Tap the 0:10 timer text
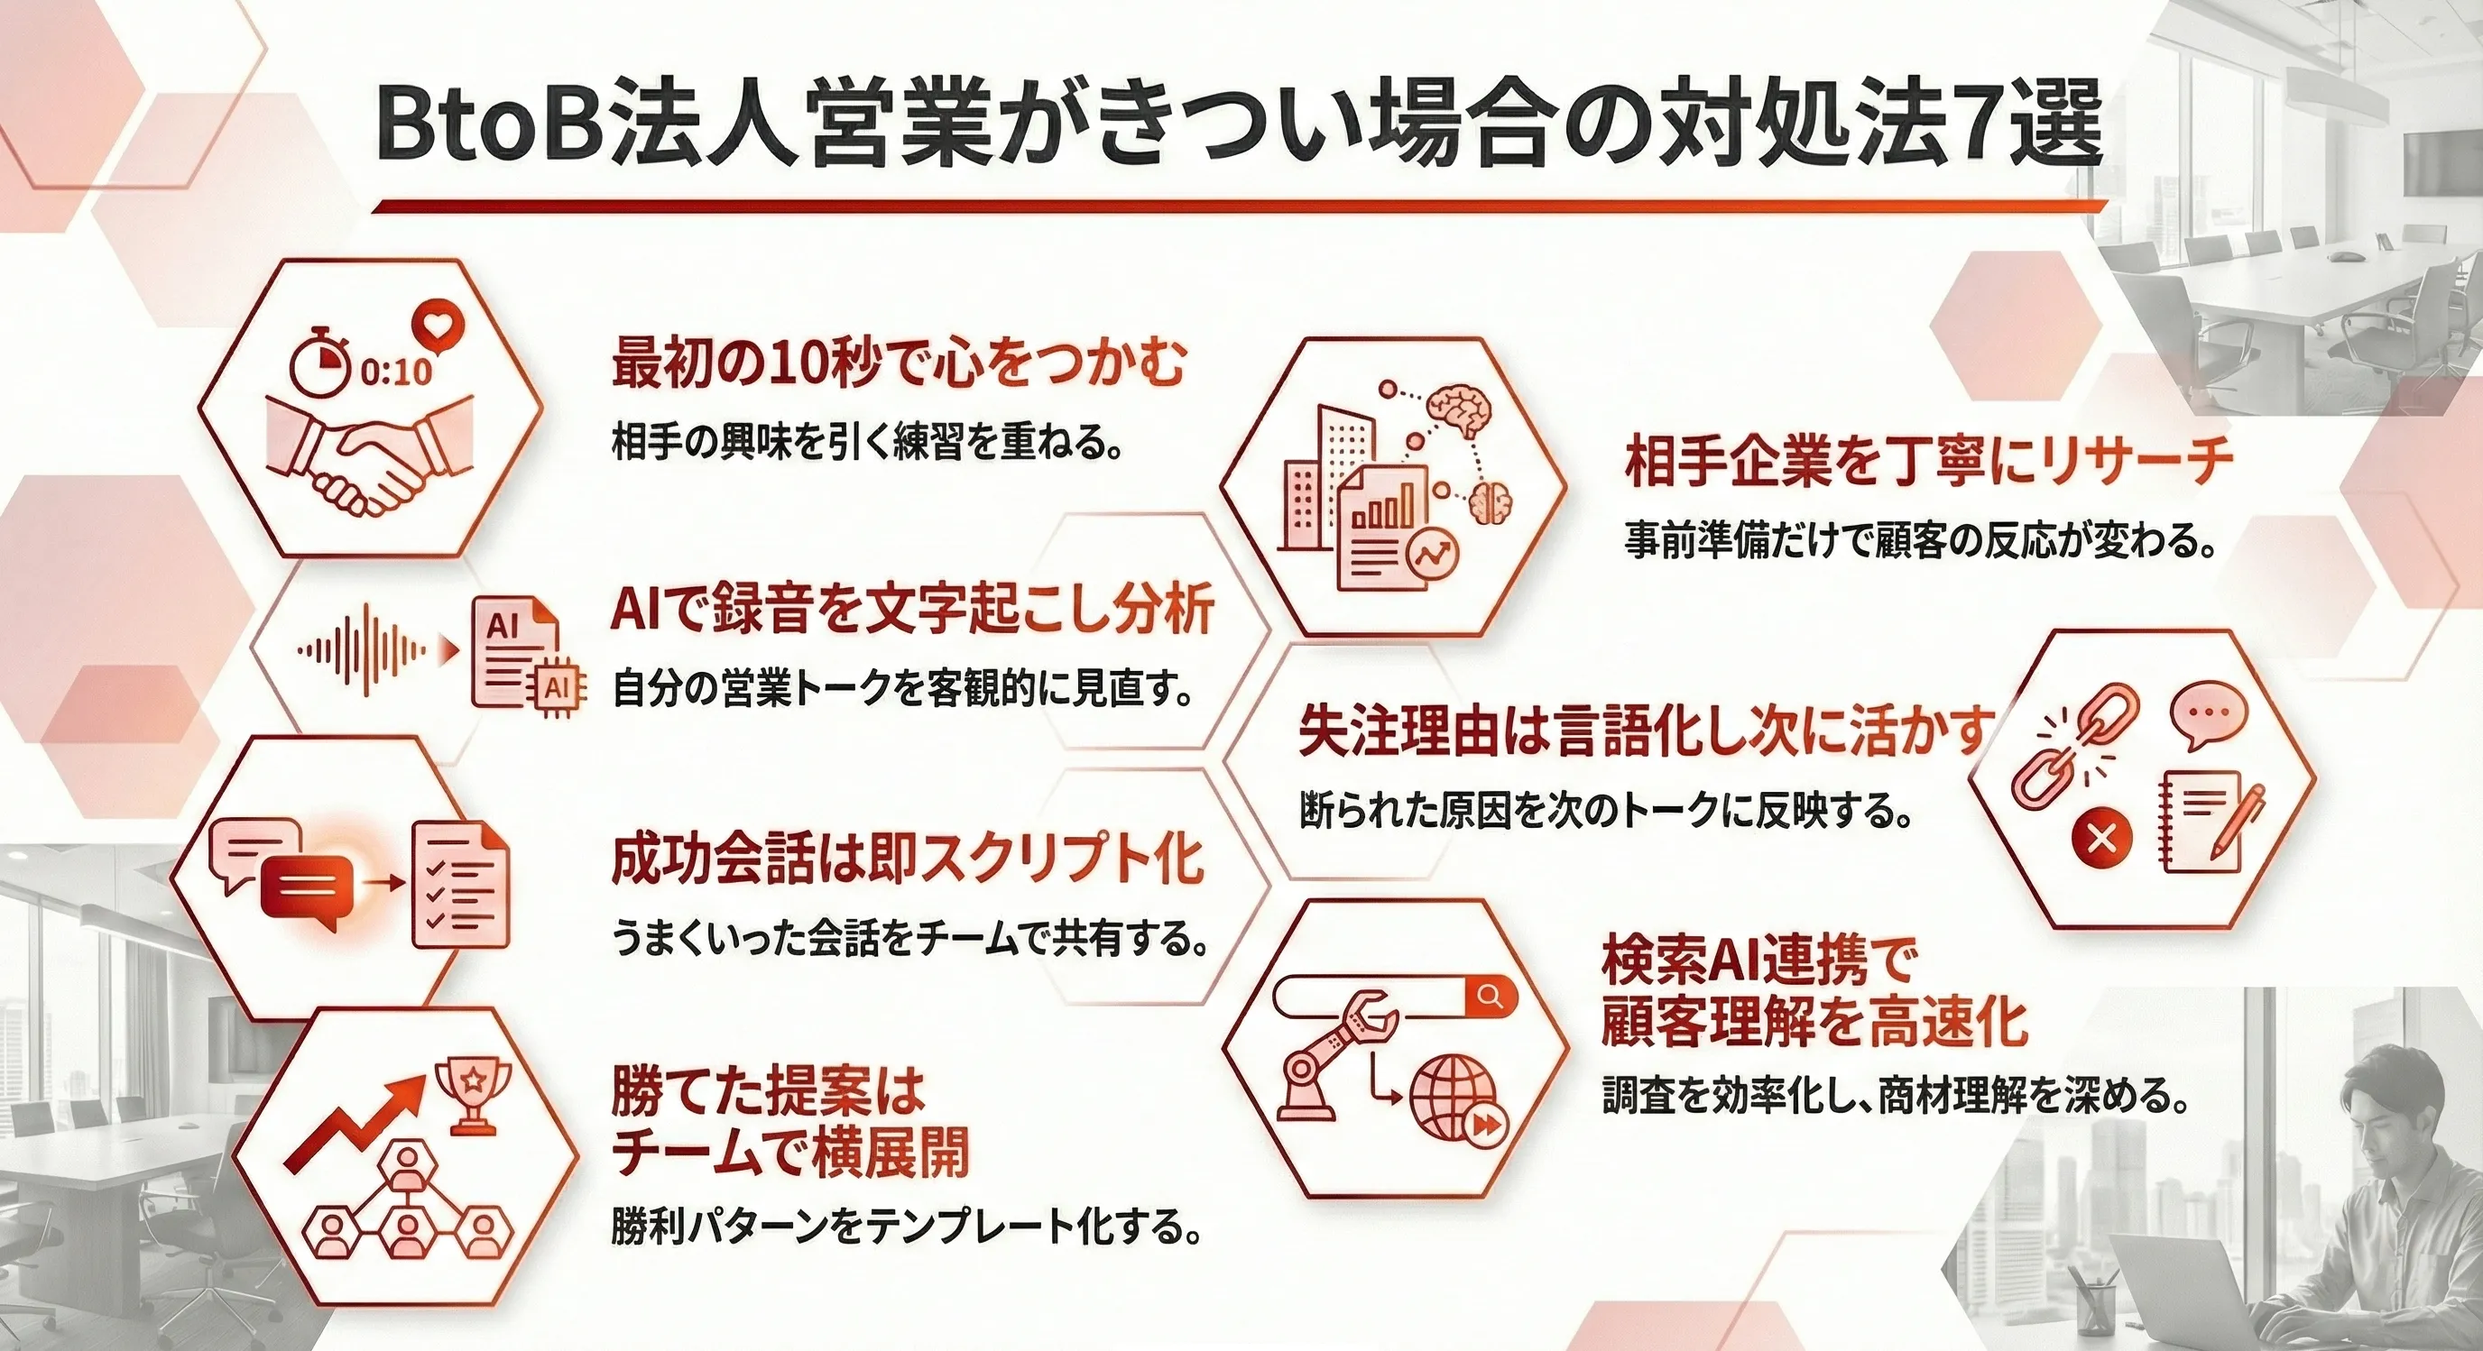pos(396,372)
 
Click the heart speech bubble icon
pos(438,328)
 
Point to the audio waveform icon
pos(363,650)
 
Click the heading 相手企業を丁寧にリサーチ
pos(1929,463)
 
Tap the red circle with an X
pos(2100,838)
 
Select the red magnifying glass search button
pos(1491,996)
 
